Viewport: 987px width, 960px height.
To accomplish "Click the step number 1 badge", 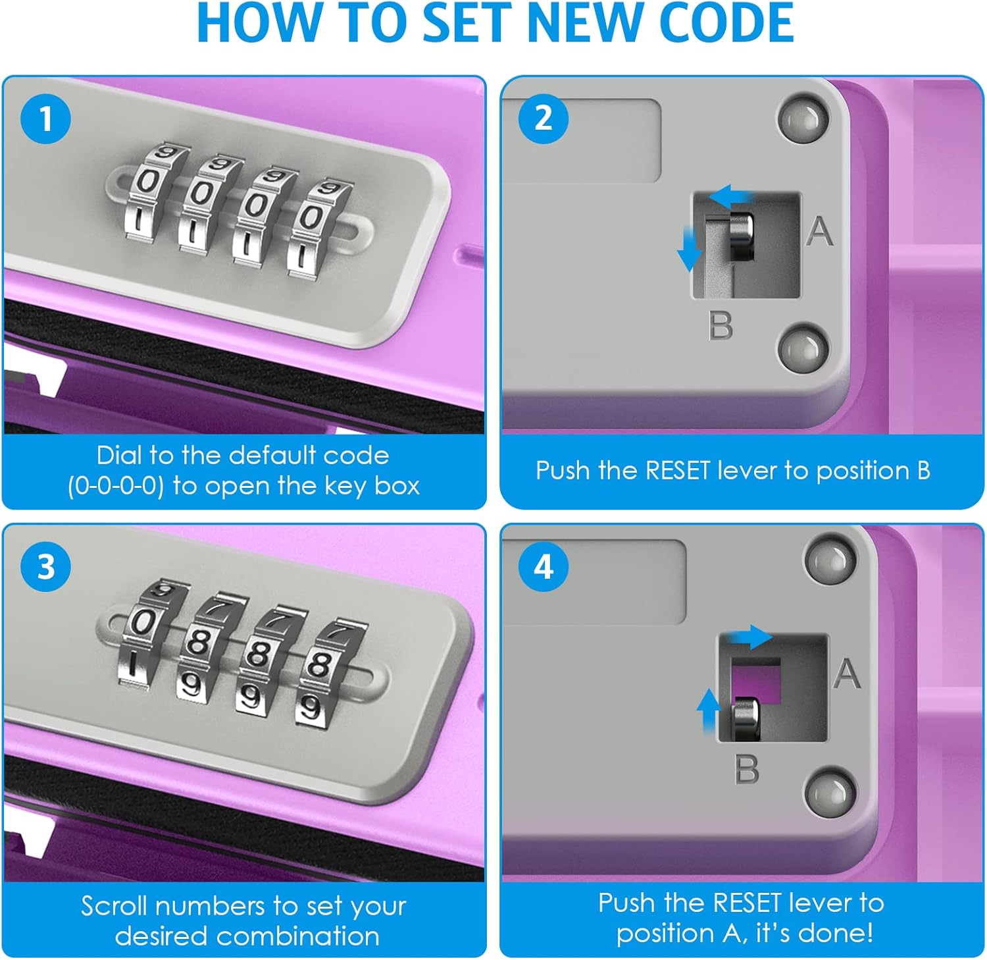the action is [45, 119].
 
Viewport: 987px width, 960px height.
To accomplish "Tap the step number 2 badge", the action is [544, 119].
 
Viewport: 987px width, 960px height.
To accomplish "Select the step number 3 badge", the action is [45, 567].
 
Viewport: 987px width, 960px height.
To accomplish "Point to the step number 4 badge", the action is [544, 567].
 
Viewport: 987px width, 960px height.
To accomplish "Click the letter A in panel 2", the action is [820, 231].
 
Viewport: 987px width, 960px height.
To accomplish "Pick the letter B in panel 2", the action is [721, 325].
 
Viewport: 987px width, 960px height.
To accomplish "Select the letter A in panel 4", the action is [847, 674].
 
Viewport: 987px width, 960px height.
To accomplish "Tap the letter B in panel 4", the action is [747, 769].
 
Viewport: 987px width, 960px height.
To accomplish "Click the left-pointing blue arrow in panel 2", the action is [730, 196].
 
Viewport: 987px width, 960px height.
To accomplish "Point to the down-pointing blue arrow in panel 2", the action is [689, 249].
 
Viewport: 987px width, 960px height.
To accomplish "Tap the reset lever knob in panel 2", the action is [742, 236].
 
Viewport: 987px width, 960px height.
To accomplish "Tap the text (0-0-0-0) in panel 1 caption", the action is [116, 486].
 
